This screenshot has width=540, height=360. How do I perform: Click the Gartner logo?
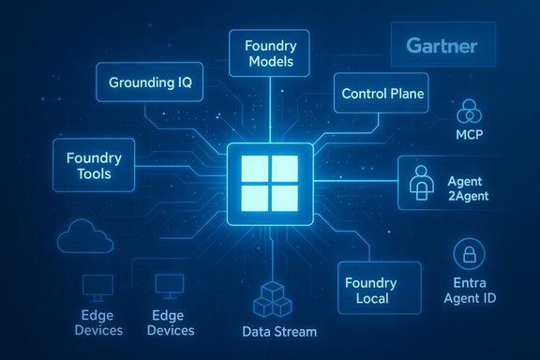442,46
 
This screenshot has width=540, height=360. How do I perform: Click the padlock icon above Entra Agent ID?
467,254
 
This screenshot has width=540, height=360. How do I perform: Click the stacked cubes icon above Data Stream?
273,300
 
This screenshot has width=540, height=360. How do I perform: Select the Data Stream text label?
279,331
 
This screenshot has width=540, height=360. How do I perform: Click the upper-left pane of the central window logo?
256,169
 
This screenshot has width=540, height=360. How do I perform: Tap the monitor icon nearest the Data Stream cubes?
169,286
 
